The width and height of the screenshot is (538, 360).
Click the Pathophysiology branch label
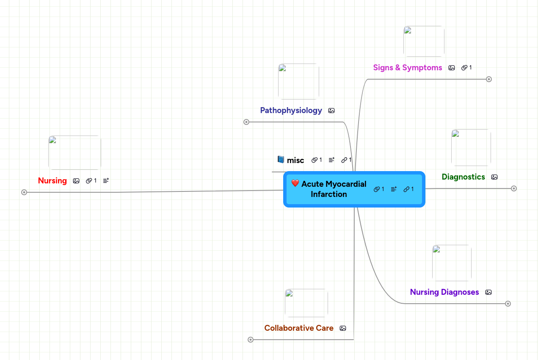291,111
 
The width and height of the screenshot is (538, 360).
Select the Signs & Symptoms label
407,68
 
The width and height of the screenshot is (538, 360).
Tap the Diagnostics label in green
463,177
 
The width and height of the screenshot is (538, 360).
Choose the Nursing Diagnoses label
444,292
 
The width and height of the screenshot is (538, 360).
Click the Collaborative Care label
298,328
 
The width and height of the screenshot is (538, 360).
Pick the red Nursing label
52,181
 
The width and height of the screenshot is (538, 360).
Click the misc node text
295,161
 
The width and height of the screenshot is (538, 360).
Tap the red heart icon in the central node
295,183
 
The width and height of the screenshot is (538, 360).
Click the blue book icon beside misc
281,160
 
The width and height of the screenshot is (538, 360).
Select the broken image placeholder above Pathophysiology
298,81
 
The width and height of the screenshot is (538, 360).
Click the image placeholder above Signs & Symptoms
424,41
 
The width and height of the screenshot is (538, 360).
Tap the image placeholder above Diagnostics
471,147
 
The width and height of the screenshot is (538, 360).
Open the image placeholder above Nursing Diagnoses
452,263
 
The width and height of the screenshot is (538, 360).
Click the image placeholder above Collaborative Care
306,303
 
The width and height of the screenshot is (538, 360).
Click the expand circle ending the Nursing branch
24,192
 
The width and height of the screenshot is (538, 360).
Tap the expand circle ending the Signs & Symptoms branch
489,79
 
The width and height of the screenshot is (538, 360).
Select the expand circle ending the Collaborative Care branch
251,340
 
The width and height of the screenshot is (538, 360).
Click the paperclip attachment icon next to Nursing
89,181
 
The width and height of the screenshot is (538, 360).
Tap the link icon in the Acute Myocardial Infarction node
406,189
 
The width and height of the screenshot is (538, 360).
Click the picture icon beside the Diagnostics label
494,177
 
